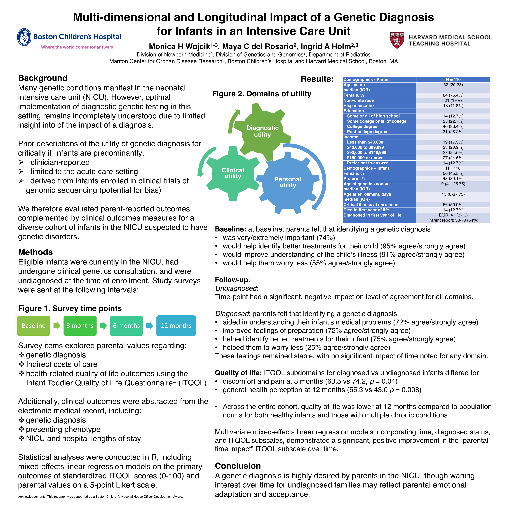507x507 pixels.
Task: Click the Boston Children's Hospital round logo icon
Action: click(x=24, y=37)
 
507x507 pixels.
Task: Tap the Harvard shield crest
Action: click(x=397, y=40)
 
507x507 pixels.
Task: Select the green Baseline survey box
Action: click(x=34, y=326)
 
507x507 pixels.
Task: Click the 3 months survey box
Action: click(x=80, y=326)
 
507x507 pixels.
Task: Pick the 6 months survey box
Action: click(x=126, y=326)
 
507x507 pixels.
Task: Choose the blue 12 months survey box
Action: click(x=176, y=326)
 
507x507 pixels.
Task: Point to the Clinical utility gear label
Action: click(x=233, y=173)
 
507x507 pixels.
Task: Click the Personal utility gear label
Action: click(x=288, y=182)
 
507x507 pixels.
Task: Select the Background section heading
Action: click(x=43, y=78)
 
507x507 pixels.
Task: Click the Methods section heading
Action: click(x=35, y=252)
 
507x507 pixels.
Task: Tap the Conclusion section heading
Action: click(x=238, y=466)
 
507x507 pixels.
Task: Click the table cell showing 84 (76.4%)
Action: click(x=453, y=95)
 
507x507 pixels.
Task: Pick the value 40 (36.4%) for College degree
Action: click(x=453, y=126)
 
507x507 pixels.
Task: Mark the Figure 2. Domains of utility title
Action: click(x=262, y=94)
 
